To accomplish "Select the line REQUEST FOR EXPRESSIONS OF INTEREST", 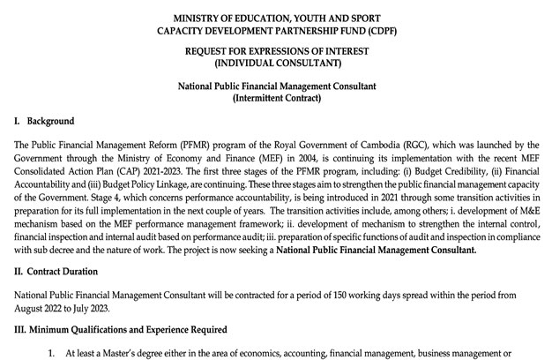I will pyautogui.click(x=276, y=51).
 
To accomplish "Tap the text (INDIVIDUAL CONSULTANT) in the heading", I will pyautogui.click(x=276, y=64).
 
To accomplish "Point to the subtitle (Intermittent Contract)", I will pyautogui.click(x=275, y=98).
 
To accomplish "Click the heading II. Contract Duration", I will pyautogui.click(x=62, y=271).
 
